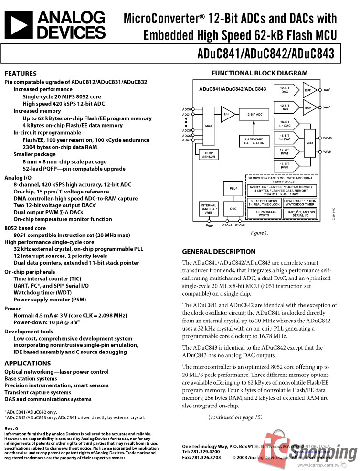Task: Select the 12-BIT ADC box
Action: (x=254, y=115)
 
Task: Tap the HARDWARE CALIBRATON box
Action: (x=254, y=141)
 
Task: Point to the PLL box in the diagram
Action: (x=233, y=188)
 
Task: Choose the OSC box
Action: (x=233, y=209)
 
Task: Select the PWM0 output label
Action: (x=327, y=138)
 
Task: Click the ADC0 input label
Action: (x=186, y=109)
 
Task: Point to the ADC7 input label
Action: (x=186, y=140)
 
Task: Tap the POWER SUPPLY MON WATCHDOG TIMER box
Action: (x=299, y=203)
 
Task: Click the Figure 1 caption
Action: (x=260, y=233)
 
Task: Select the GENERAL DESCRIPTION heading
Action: (x=219, y=252)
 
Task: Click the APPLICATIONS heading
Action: (x=27, y=363)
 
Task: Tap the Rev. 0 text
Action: (x=11, y=428)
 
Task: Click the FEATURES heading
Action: (x=21, y=74)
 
